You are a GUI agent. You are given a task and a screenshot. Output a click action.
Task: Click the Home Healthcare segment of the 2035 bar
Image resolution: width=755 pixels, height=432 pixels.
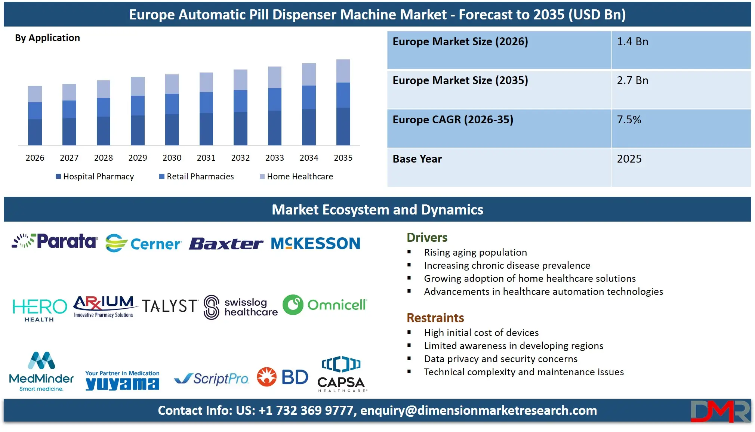tap(343, 71)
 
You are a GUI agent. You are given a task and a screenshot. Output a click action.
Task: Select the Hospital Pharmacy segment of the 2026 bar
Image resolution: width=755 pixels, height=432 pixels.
tap(35, 132)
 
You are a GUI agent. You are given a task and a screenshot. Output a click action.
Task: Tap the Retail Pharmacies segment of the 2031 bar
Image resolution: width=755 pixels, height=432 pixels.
tap(206, 103)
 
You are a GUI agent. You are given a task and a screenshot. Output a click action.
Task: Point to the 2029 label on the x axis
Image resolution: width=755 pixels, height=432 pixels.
tap(138, 158)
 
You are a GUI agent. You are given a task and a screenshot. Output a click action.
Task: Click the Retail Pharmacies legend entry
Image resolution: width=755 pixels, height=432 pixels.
tap(197, 176)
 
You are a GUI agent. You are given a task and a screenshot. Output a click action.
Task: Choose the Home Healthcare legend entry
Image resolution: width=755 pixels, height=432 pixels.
tap(296, 176)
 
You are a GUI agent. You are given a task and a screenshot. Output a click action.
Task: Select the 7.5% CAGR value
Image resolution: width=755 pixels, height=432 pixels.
tap(629, 120)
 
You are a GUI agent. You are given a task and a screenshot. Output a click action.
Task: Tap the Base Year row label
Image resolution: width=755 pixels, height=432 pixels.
tap(417, 159)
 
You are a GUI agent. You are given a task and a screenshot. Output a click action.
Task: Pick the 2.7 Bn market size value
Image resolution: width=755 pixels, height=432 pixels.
tap(632, 80)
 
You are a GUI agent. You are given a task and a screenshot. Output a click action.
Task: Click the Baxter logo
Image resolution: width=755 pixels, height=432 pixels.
tap(226, 244)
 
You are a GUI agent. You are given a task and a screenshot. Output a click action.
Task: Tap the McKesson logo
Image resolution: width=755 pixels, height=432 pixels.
tap(315, 244)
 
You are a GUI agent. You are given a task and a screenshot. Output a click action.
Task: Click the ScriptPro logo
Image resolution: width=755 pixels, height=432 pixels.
tap(212, 379)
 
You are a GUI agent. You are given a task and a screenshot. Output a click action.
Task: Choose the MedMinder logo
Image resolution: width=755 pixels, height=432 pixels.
tap(41, 372)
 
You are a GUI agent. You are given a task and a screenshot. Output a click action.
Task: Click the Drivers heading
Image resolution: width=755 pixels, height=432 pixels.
tap(427, 237)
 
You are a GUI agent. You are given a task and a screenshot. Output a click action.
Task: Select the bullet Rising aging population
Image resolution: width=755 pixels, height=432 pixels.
tap(475, 252)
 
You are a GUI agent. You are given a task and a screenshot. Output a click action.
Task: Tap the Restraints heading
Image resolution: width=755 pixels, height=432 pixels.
tap(435, 318)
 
